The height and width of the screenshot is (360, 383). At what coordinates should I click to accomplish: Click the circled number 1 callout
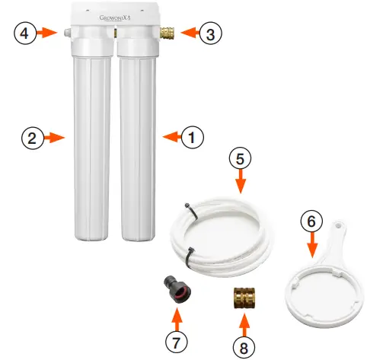point(193,137)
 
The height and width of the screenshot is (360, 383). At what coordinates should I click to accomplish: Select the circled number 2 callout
point(30,138)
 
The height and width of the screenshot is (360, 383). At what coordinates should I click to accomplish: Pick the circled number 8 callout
point(243,346)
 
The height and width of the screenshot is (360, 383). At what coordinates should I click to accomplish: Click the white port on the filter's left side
point(67,33)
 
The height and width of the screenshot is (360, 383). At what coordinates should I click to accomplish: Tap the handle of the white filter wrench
point(335,228)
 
